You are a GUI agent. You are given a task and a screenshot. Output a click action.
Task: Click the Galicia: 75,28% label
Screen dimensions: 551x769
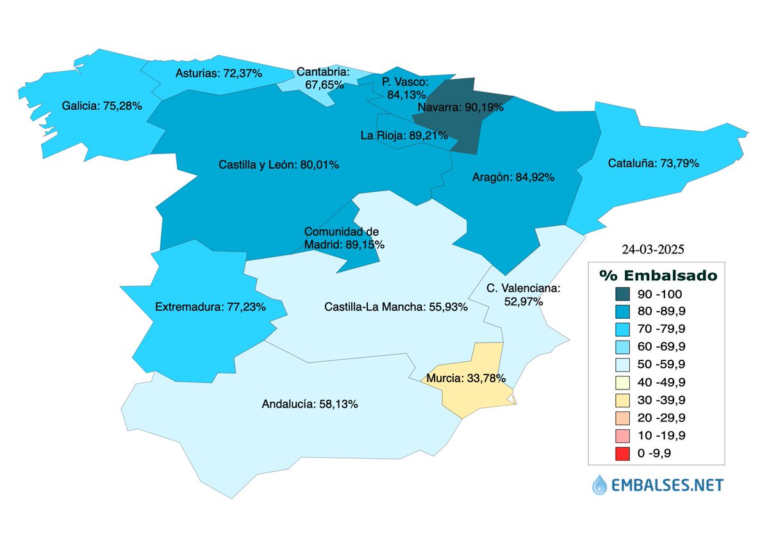(x=102, y=105)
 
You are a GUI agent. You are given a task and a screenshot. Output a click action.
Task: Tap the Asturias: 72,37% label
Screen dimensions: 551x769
(x=219, y=73)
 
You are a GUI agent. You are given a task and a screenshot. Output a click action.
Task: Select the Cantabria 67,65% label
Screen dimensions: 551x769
(x=322, y=78)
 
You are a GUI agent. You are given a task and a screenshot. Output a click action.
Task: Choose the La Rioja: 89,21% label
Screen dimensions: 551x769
(x=404, y=135)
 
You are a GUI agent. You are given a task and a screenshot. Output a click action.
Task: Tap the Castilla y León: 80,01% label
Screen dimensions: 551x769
(x=279, y=165)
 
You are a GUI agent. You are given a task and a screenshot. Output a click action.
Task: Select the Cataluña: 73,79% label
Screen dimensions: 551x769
(x=652, y=164)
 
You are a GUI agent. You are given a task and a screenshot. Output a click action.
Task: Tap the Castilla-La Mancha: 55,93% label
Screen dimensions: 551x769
(x=396, y=307)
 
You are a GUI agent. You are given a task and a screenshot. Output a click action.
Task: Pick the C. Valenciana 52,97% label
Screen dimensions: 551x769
(x=523, y=294)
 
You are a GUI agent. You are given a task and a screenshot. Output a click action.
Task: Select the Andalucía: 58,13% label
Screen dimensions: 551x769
(x=310, y=405)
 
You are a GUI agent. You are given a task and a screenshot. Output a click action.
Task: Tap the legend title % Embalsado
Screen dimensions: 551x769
(x=657, y=275)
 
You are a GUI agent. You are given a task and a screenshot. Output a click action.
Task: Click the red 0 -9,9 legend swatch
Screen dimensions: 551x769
(x=622, y=454)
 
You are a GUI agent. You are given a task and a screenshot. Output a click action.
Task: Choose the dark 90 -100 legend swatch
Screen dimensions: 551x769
(x=622, y=294)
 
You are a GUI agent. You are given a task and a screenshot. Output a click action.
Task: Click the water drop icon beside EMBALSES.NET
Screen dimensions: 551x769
(x=599, y=484)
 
